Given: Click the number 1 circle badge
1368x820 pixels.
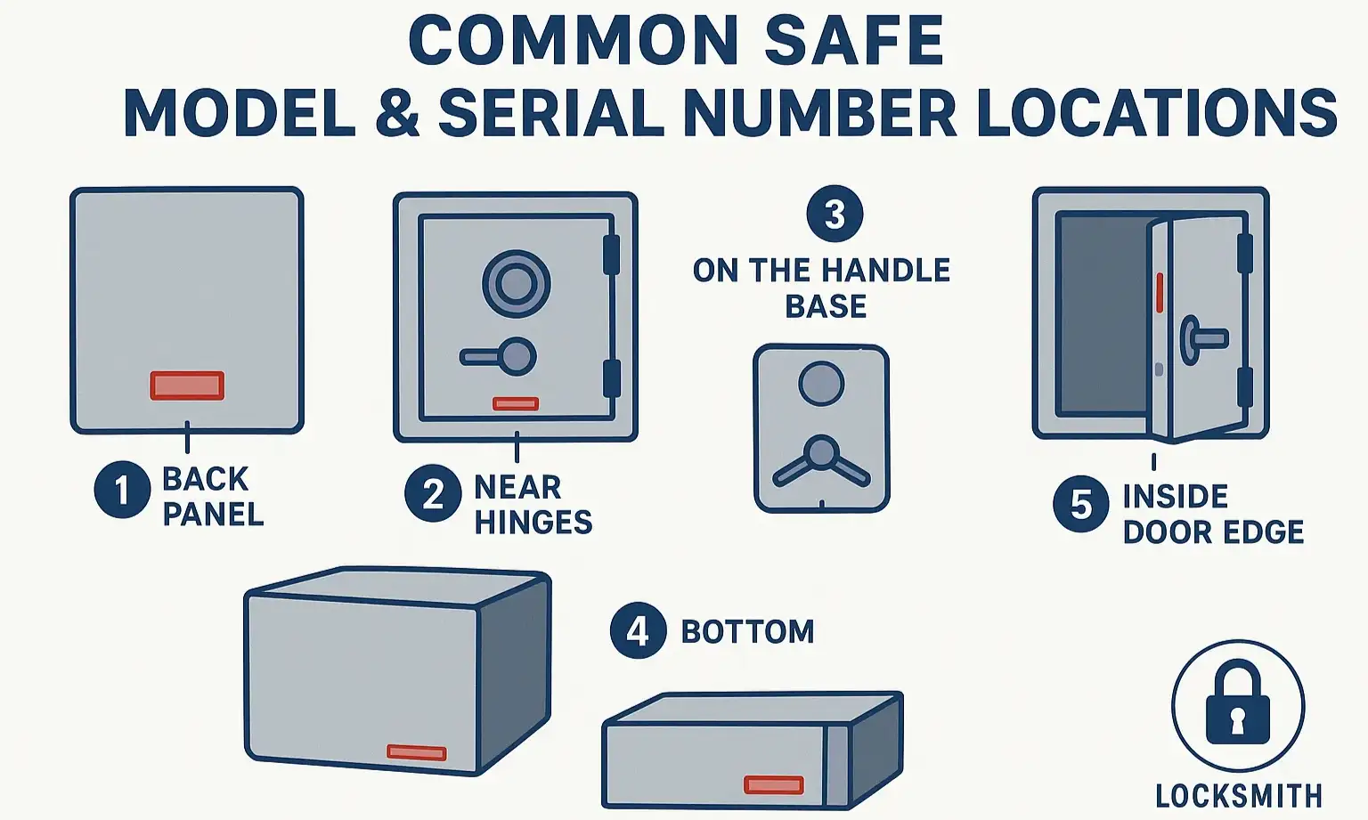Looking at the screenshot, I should (122, 489).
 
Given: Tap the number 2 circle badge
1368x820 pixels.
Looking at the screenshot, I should (433, 493).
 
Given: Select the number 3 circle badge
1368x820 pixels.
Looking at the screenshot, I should (835, 214).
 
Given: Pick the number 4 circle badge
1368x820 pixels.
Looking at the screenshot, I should (638, 630).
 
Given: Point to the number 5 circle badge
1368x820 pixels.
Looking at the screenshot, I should (1080, 504).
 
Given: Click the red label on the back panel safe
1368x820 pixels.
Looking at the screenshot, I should (187, 386).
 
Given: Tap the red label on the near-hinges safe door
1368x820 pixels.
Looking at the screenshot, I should (516, 403).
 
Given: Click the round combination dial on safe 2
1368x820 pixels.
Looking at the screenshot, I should (516, 284).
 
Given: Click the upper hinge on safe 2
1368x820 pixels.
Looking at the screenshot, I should (611, 255).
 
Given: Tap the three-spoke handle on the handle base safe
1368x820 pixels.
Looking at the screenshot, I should (821, 459).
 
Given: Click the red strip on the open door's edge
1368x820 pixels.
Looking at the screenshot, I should (1160, 292).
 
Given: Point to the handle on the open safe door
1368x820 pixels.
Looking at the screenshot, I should (1202, 339).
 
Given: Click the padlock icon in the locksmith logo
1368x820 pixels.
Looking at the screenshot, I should (1237, 703).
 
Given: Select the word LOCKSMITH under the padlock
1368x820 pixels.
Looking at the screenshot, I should (1238, 795).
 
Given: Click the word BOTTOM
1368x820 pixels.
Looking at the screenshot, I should (747, 631).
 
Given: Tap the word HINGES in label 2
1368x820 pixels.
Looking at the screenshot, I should (533, 522).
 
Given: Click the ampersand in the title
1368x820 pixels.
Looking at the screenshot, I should (397, 114).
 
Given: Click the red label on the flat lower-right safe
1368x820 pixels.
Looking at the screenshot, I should (774, 784).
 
